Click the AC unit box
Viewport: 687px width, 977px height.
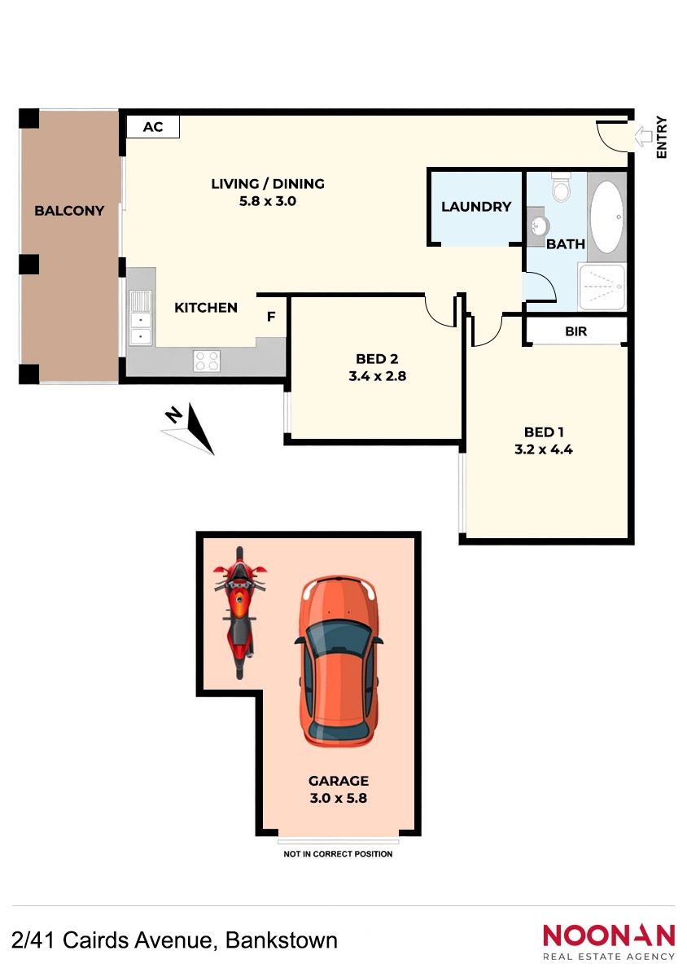coord(153,126)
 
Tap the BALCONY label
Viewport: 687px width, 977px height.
coord(69,211)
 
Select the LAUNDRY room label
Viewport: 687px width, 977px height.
coord(476,207)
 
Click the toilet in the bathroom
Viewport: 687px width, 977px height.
coord(561,186)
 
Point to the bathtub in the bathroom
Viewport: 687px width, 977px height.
coord(606,217)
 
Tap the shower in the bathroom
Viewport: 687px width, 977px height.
coord(602,286)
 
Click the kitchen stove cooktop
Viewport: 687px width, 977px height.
coord(207,361)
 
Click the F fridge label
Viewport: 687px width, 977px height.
coord(271,317)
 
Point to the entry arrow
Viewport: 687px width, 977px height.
coord(643,137)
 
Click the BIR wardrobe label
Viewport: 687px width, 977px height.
coord(575,331)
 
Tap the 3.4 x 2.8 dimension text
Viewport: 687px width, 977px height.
coord(378,376)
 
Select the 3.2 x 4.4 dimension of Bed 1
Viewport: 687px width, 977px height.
coord(544,449)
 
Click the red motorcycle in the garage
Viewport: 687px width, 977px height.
coord(239,613)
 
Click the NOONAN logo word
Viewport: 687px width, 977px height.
coord(609,935)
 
